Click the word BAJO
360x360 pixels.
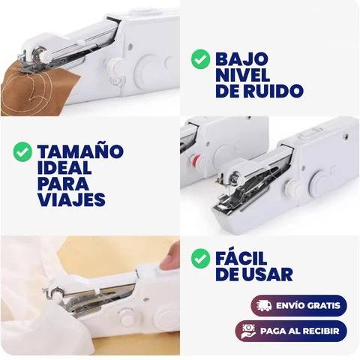241,59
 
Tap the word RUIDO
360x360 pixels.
274,91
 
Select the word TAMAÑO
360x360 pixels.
80,151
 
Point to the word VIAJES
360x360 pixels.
71,199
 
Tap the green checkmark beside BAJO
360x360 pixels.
200,58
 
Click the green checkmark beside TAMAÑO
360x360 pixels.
22,151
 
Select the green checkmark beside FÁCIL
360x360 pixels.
200,258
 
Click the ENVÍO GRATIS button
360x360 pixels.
299,306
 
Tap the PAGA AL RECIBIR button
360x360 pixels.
291,331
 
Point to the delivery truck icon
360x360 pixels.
264,306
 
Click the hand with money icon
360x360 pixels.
248,331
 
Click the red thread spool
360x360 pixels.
196,160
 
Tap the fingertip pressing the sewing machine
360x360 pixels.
169,256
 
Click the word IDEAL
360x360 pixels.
64,167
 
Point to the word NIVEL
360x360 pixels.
243,75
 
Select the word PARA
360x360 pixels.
63,183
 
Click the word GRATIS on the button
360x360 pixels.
324,306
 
